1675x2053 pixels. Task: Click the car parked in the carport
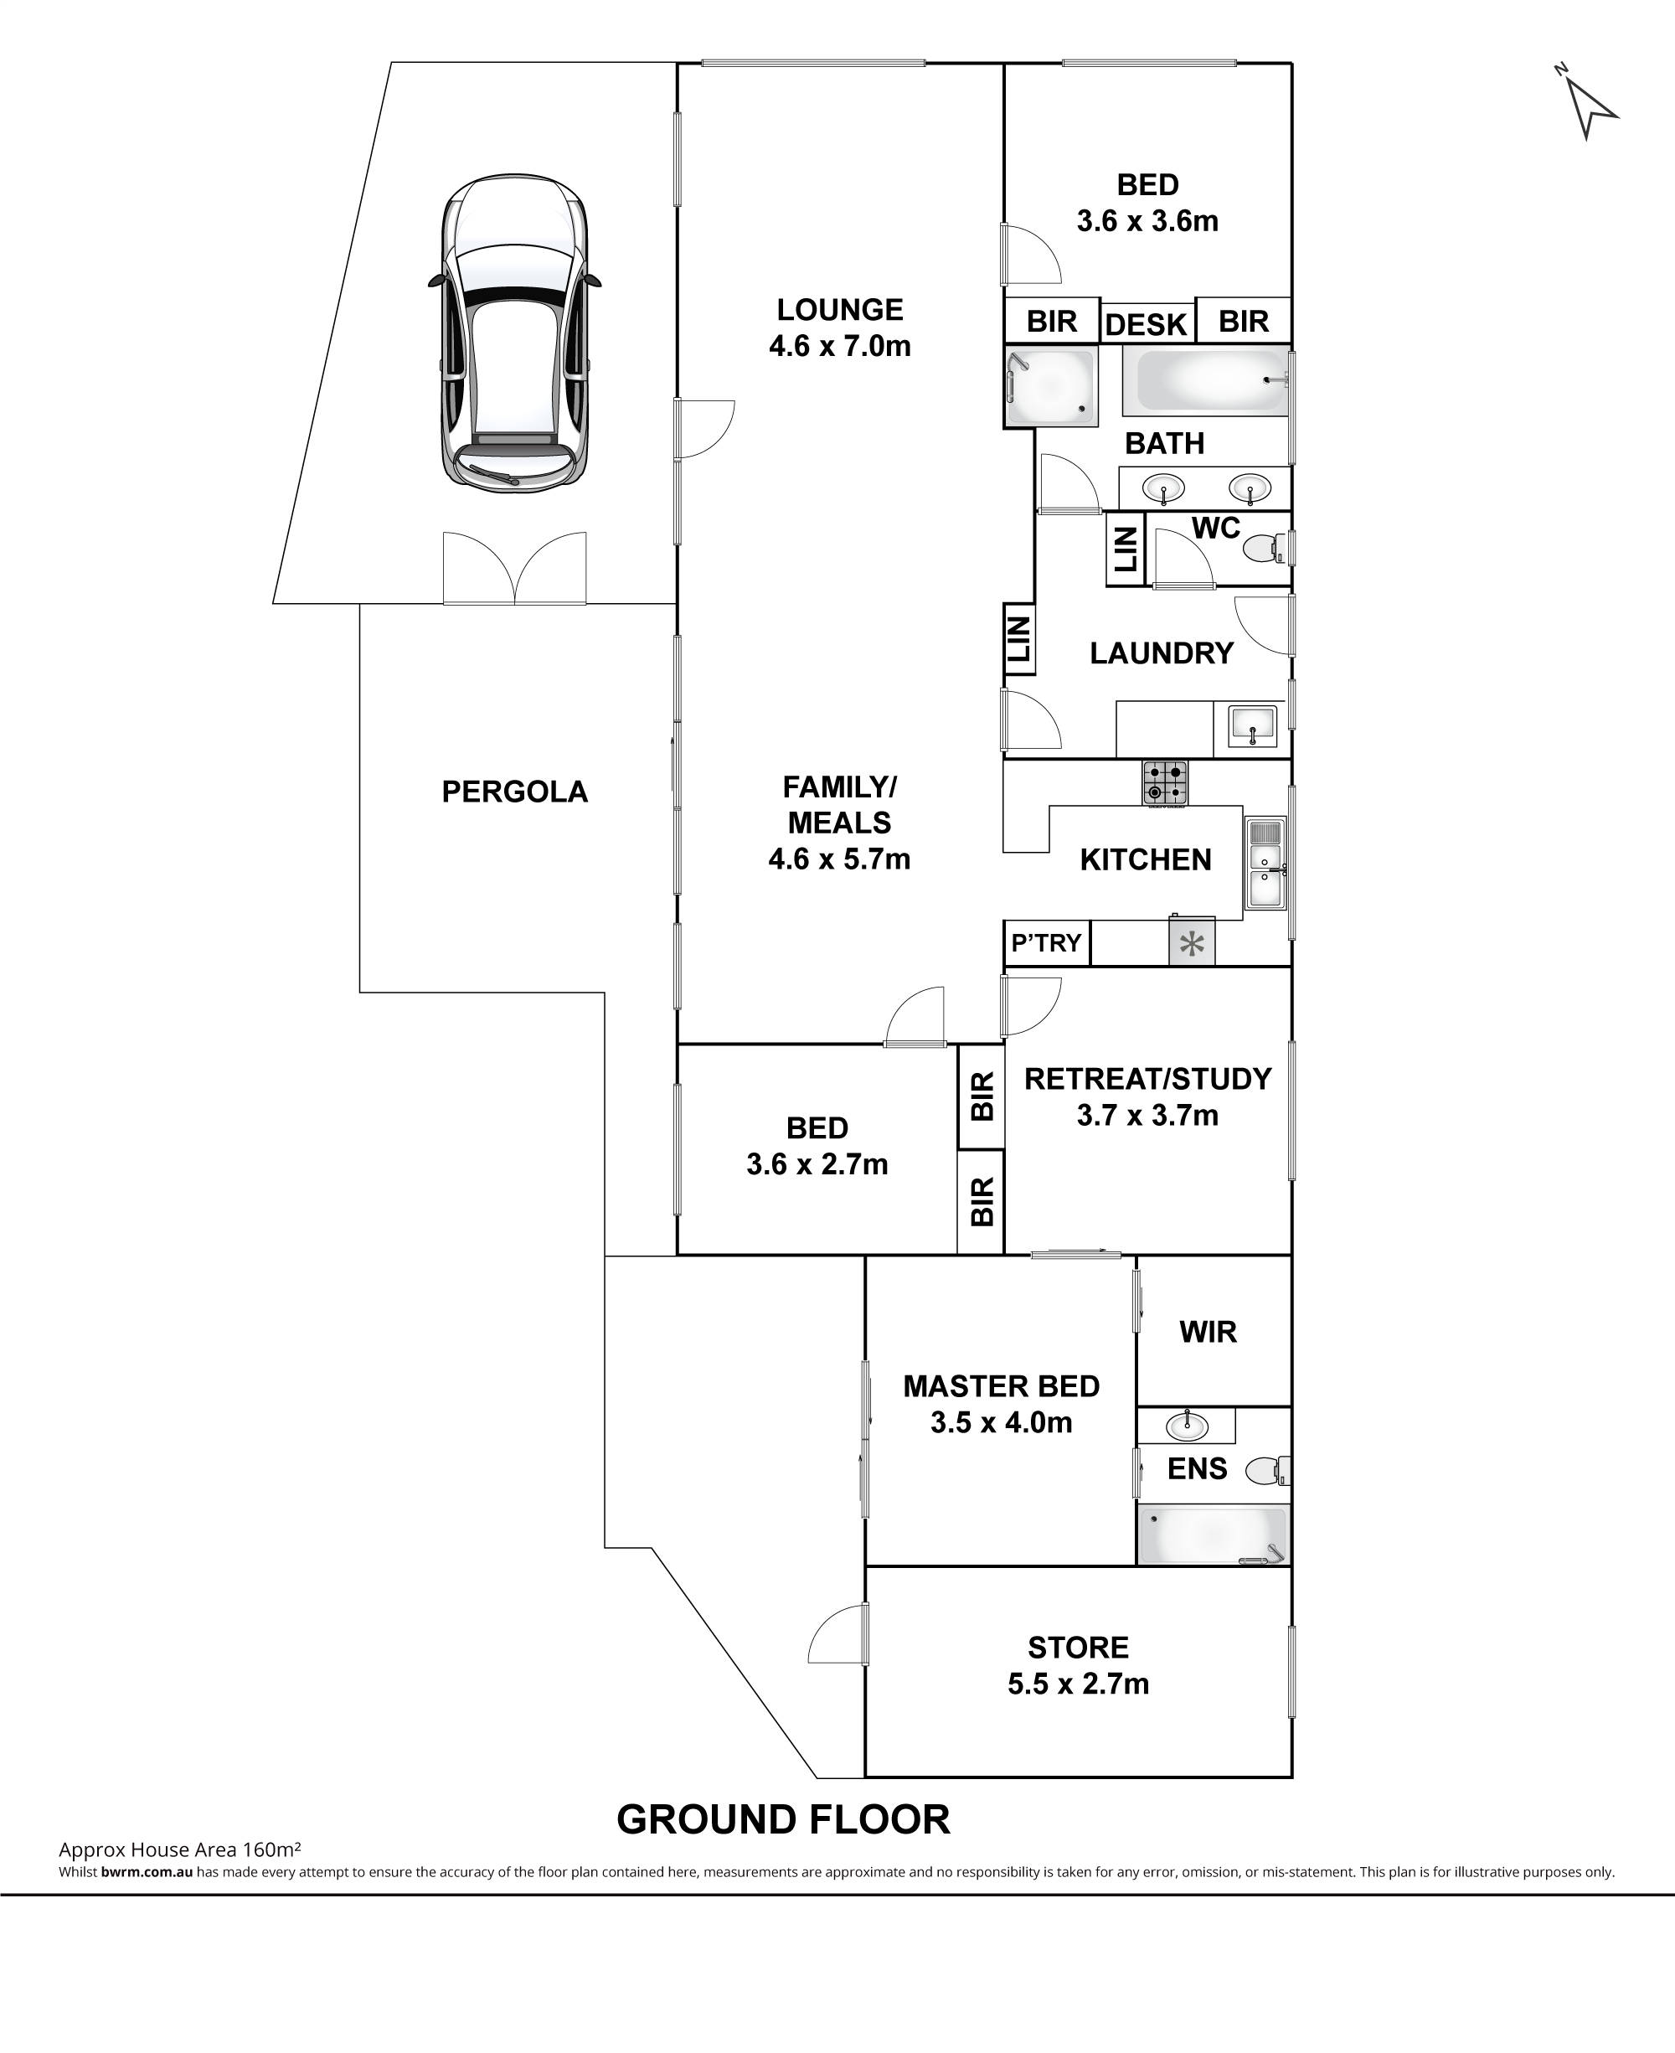(x=514, y=332)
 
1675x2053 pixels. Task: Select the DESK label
(x=1147, y=324)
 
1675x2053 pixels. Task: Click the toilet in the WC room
(x=1266, y=549)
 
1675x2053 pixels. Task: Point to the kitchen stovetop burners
(x=1166, y=782)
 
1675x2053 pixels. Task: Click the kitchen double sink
(x=1265, y=864)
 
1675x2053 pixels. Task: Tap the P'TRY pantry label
(x=1046, y=942)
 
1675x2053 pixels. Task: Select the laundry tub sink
(x=1252, y=725)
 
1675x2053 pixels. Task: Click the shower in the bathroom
(x=1051, y=386)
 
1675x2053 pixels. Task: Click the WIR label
(x=1208, y=1333)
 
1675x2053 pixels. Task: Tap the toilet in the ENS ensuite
(x=1268, y=1471)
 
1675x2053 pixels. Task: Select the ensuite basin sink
(x=1185, y=1424)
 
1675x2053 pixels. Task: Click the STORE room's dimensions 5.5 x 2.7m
(x=1079, y=1684)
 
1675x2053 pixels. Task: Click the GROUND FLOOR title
(x=783, y=1819)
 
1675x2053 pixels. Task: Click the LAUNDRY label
(x=1162, y=653)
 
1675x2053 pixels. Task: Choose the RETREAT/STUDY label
(x=1148, y=1079)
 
